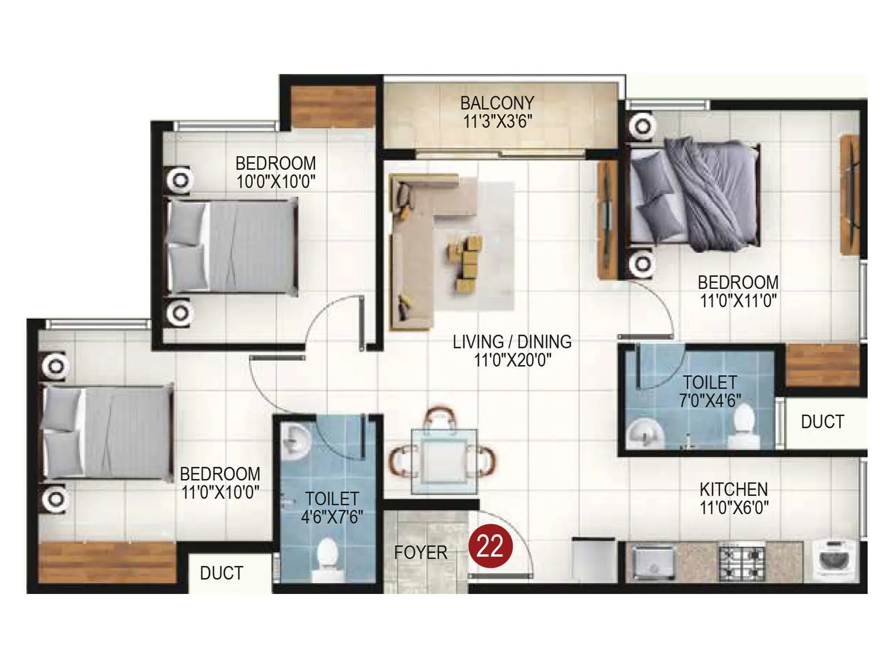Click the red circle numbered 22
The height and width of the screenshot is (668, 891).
[489, 546]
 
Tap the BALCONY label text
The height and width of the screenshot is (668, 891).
[497, 103]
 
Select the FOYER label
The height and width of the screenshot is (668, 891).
[420, 553]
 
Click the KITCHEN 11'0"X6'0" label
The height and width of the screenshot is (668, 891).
[733, 498]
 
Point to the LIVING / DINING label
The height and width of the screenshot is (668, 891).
[512, 342]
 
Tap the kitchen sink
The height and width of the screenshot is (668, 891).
[653, 562]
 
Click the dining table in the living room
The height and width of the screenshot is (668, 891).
[444, 461]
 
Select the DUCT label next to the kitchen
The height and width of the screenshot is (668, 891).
[822, 422]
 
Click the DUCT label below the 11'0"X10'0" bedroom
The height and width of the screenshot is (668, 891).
[221, 573]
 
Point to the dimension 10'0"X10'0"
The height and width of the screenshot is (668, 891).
[276, 181]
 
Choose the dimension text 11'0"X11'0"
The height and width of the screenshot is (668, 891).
[738, 301]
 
